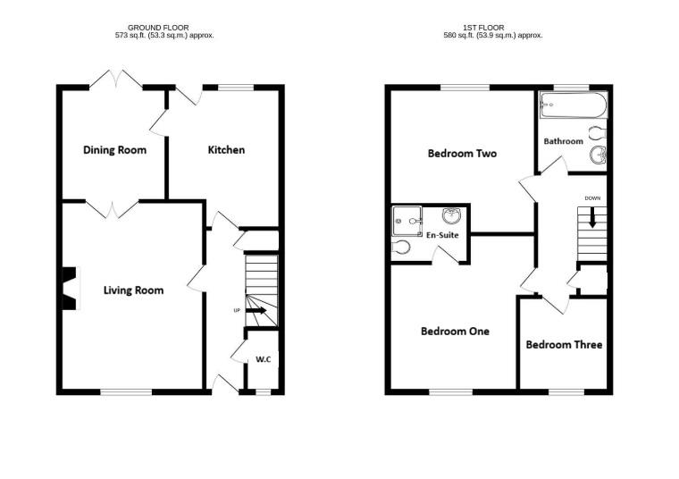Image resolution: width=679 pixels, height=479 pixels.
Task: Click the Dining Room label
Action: (114, 150)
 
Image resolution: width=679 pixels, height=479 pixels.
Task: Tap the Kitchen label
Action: (226, 150)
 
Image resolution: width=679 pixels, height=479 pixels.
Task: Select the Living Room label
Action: (133, 290)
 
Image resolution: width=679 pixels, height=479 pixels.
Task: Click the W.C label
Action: (263, 360)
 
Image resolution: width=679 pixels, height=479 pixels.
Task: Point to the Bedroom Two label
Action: (462, 154)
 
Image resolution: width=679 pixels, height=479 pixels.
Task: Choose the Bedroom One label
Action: (455, 332)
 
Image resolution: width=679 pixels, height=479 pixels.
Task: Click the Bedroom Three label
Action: (563, 345)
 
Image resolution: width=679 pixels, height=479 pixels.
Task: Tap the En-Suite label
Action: (442, 235)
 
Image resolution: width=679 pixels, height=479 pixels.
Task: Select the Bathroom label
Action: (563, 141)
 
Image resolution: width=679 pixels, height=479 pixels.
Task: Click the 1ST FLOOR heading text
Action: (493, 29)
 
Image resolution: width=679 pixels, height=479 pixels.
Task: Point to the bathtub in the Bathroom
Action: (573, 107)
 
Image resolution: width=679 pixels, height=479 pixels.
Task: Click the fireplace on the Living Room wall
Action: (68, 290)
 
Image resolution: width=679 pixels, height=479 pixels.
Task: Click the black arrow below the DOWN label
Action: (592, 217)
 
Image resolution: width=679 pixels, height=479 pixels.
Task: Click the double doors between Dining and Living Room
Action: (113, 208)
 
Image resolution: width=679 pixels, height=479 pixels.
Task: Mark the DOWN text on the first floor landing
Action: (592, 197)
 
